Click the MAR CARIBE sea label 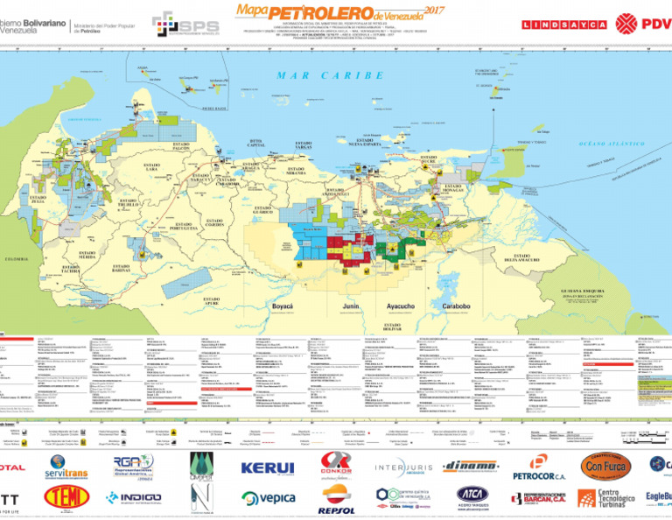click(330, 76)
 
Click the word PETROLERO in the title click(308, 12)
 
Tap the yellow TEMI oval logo click(67, 499)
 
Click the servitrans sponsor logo click(66, 467)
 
